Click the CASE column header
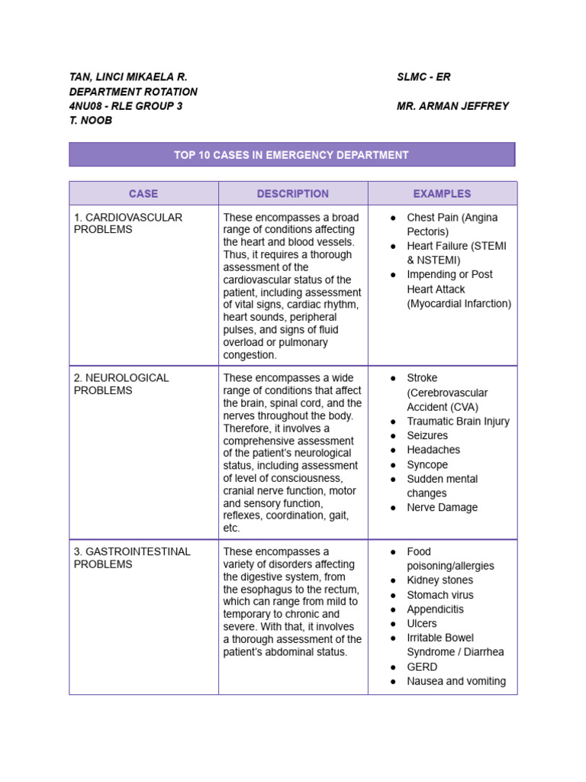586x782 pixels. [x=143, y=194]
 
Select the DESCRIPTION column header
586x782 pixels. [x=293, y=194]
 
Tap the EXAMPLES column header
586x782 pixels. [x=442, y=194]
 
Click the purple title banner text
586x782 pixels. [x=291, y=155]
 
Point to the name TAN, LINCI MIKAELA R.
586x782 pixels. [x=128, y=77]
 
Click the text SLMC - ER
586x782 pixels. [x=423, y=77]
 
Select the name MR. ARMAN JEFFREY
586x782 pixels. [x=452, y=106]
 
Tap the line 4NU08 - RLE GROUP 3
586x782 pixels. [x=126, y=106]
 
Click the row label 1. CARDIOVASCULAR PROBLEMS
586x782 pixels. [x=128, y=224]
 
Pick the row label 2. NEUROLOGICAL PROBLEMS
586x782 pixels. [x=121, y=384]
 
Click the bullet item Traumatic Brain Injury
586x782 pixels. [x=458, y=422]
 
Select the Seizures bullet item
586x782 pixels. [x=427, y=436]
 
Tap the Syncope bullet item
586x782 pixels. [x=427, y=464]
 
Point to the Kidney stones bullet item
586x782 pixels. [x=439, y=580]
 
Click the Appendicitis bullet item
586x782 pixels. [x=435, y=609]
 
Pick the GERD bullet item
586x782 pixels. [x=422, y=667]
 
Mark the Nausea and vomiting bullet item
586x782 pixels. [x=456, y=681]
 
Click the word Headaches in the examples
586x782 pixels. [x=433, y=450]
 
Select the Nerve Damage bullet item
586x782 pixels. [x=442, y=508]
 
